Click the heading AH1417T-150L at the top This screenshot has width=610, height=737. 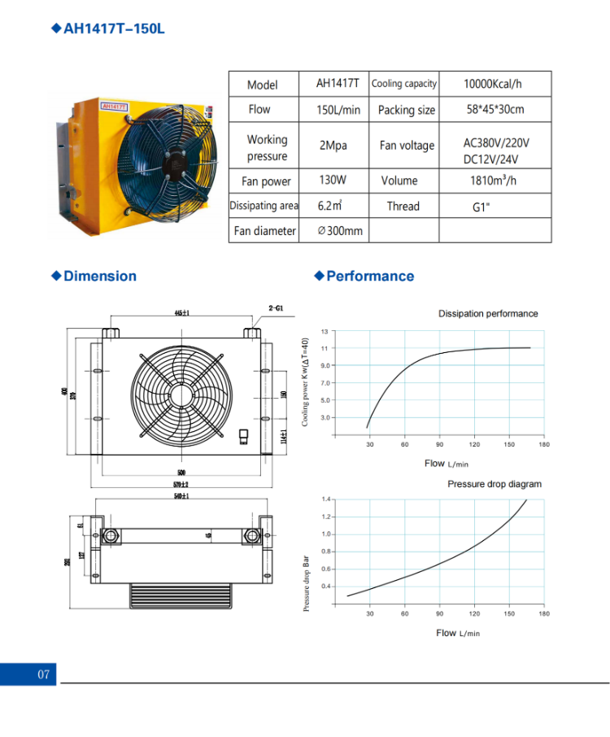point(114,28)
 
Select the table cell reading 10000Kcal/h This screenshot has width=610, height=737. point(494,84)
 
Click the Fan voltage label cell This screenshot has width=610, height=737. point(407,146)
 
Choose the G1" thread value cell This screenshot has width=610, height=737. point(481,207)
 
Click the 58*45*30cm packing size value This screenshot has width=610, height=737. point(495,110)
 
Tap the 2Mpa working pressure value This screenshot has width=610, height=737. point(333,146)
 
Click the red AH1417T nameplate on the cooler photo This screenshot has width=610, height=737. point(113,106)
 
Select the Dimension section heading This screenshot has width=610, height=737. point(100,276)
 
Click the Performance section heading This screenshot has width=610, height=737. point(370,276)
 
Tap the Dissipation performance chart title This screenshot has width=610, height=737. point(488,313)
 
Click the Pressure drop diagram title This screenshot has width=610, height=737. point(494,484)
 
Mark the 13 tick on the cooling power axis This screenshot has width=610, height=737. point(325,332)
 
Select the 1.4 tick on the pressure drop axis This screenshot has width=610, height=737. point(325,499)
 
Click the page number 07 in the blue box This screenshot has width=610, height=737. point(44,674)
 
